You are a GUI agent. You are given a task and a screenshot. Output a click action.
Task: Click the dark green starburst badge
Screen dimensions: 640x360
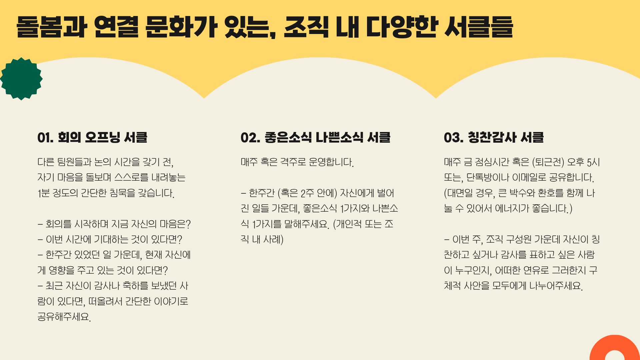[x=21, y=79]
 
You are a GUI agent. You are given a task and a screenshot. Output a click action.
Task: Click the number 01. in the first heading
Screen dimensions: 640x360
[x=45, y=137]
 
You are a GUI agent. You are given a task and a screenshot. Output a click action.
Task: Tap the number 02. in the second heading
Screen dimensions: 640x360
[x=250, y=137]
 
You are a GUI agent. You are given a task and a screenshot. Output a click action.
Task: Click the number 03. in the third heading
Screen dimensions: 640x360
[x=453, y=137]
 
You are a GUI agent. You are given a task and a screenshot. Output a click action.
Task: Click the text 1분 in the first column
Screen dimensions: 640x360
[x=44, y=193]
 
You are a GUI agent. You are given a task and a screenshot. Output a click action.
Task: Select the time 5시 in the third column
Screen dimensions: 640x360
[x=593, y=162]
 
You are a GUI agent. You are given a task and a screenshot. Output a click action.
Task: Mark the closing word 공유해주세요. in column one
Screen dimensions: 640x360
[x=64, y=317]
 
